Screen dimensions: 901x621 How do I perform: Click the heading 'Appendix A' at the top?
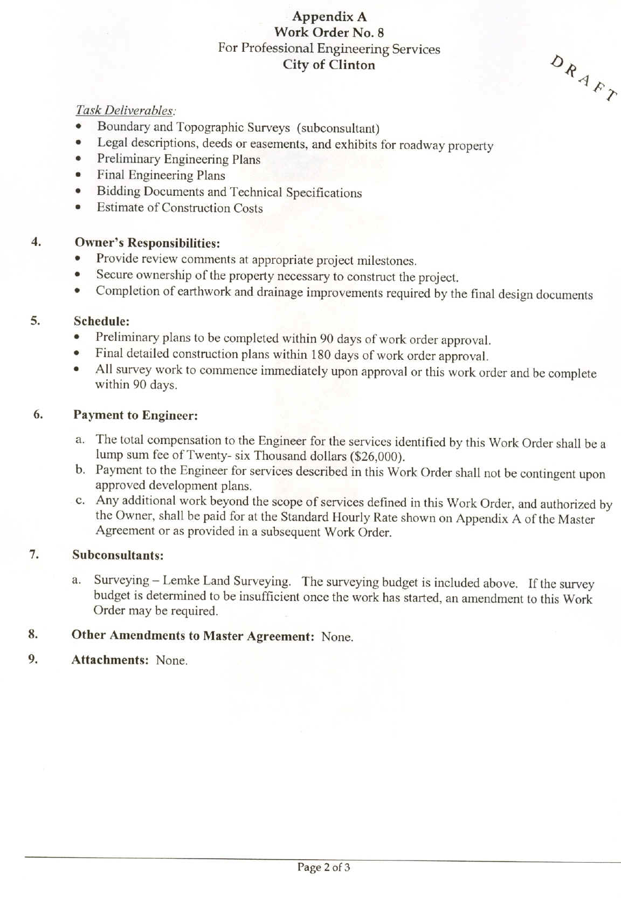coord(329,17)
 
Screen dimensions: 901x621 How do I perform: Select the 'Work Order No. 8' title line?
coord(329,32)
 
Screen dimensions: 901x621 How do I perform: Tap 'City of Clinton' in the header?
coord(329,65)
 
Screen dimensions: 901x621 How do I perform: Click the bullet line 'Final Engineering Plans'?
coord(161,175)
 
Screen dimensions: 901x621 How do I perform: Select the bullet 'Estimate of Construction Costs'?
coord(180,208)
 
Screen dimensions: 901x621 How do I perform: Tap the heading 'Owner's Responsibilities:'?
coord(147,243)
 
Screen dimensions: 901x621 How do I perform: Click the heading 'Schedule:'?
coord(101,321)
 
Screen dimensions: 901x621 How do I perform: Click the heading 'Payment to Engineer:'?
coord(135,415)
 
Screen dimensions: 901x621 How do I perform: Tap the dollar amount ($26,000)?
coord(377,456)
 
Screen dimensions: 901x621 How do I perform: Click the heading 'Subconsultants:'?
coord(118,555)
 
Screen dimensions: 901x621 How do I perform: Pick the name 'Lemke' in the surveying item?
coord(181,581)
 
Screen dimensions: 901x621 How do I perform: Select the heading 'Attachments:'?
coord(110,660)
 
